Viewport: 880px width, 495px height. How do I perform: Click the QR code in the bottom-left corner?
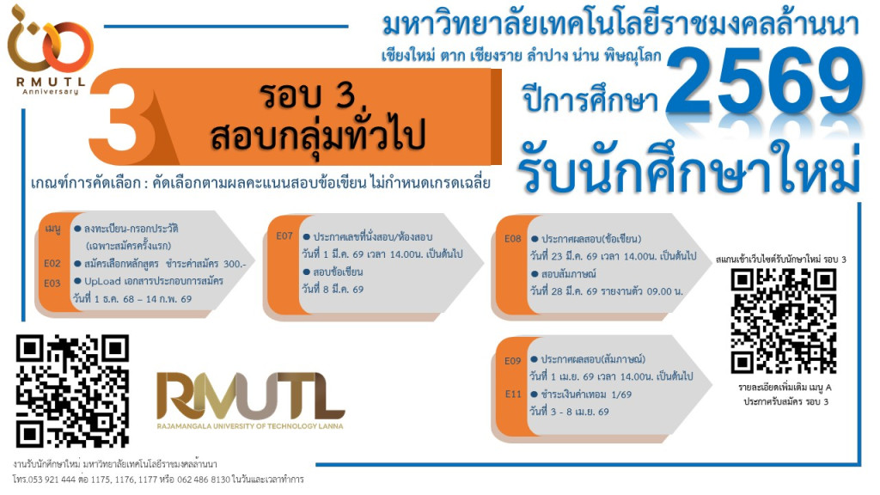click(x=72, y=391)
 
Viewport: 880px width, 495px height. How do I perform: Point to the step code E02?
click(x=53, y=264)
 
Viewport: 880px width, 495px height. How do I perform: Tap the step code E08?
click(x=513, y=239)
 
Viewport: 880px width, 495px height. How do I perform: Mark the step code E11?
click(x=513, y=394)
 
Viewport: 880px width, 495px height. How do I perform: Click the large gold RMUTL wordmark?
click(x=250, y=398)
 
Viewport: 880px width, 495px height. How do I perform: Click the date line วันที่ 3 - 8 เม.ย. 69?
click(x=569, y=412)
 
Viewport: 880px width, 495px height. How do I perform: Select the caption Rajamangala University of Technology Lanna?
click(x=250, y=425)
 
